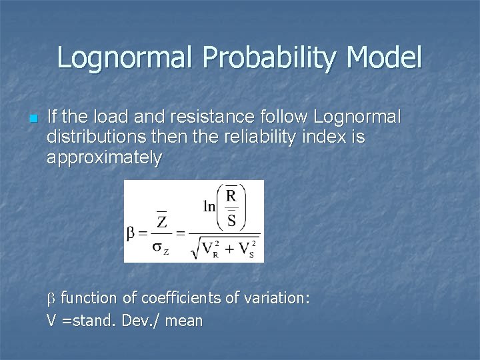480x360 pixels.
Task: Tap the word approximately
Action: click(104, 158)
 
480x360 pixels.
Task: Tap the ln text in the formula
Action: click(209, 207)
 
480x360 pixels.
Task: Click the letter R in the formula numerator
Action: click(231, 196)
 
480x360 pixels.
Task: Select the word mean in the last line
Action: click(183, 321)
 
